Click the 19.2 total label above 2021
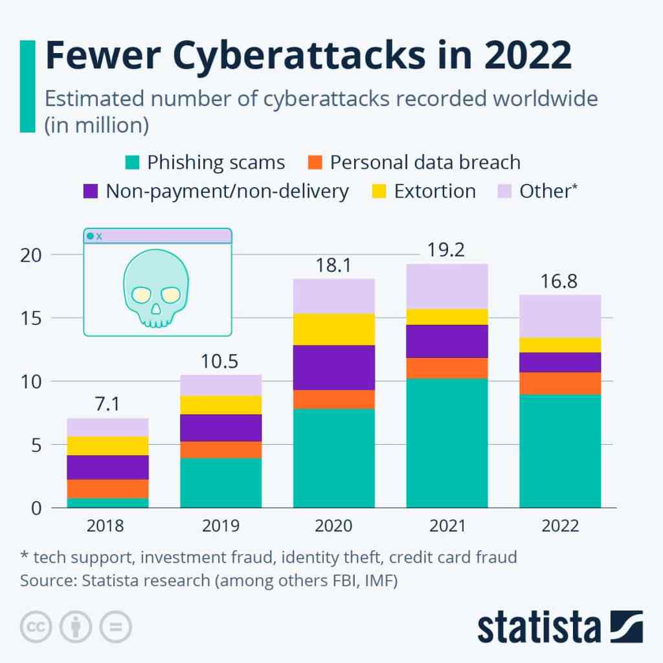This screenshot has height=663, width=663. point(447,249)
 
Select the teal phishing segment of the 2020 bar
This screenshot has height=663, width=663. point(334,458)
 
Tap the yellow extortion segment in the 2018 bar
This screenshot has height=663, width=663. point(108,445)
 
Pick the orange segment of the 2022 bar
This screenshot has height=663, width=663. point(560,383)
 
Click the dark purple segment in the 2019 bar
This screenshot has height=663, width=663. point(221,427)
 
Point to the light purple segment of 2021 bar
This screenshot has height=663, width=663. point(447,286)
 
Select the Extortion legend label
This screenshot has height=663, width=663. point(434,191)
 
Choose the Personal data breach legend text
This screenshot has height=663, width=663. point(425,162)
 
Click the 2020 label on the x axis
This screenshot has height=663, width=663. point(333,526)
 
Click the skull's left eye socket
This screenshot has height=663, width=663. point(141,295)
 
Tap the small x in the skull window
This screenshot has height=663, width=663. point(99,236)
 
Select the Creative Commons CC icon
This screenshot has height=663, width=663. point(36,627)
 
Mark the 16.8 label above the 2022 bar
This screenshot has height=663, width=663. point(560,282)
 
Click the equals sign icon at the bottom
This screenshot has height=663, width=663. point(115,627)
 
